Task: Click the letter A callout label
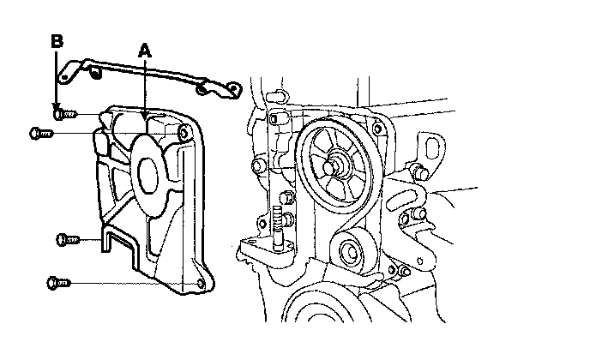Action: [145, 51]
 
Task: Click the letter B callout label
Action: [57, 40]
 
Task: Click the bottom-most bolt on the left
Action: [57, 281]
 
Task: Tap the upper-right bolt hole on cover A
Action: [184, 133]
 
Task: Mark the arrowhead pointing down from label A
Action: [147, 111]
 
